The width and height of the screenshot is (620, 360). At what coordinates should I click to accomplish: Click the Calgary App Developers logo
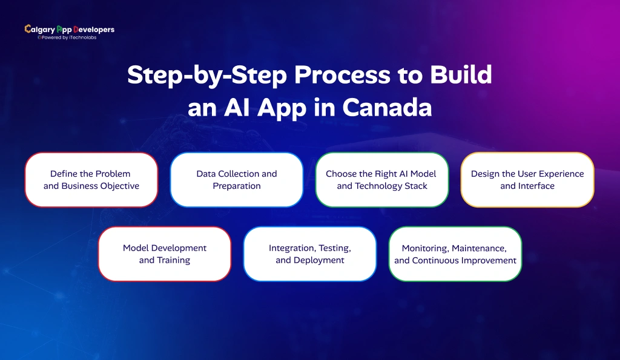(x=69, y=30)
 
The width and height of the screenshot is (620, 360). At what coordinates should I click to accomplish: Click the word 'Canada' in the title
(x=387, y=107)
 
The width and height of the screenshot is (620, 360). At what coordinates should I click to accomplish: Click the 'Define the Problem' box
(x=91, y=180)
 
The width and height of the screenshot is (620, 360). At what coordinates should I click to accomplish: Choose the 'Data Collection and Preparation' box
(x=237, y=180)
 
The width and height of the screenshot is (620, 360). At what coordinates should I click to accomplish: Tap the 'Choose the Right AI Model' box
(x=382, y=180)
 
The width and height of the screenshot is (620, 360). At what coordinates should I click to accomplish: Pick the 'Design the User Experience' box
(x=527, y=180)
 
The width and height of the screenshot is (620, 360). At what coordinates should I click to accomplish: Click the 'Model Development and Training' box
(x=165, y=254)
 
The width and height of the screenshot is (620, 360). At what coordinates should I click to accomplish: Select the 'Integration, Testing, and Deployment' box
(x=310, y=254)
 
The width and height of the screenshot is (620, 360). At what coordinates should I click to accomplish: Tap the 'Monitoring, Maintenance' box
(x=455, y=254)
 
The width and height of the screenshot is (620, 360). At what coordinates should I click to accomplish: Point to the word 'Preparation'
(x=237, y=186)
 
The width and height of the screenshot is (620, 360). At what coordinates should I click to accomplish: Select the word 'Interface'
(x=536, y=186)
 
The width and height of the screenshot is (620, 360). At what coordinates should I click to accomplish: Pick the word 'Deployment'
(x=318, y=261)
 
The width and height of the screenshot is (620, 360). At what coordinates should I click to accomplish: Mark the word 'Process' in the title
(x=318, y=75)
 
